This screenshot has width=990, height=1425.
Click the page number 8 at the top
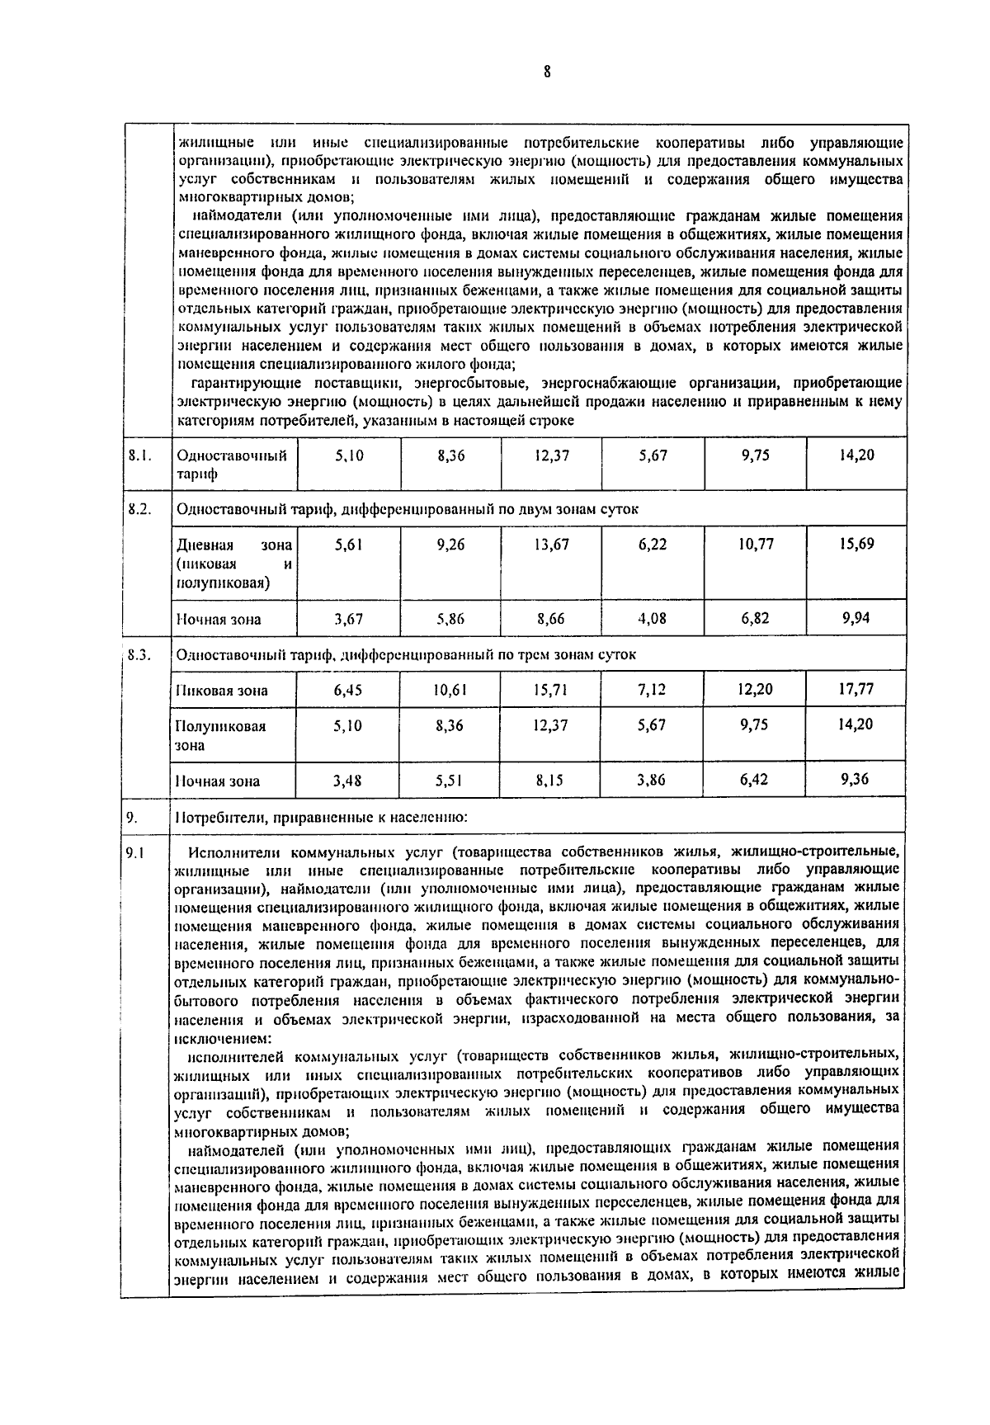(546, 72)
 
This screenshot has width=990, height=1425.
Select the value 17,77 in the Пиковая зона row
(856, 689)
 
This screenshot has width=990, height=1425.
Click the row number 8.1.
(140, 455)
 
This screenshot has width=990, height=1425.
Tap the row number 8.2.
(140, 509)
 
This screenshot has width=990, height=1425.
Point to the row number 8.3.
(140, 655)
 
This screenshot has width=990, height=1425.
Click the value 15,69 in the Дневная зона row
(856, 545)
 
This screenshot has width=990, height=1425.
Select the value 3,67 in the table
(349, 619)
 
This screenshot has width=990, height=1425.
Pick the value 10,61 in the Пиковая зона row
(450, 690)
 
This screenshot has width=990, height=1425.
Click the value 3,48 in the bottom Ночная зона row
(349, 781)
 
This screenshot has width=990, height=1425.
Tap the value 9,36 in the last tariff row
(856, 779)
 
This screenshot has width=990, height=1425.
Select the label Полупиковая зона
(220, 735)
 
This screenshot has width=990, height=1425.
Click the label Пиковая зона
(222, 691)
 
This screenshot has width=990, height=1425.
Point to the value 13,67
(551, 545)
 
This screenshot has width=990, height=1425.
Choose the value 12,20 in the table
(755, 689)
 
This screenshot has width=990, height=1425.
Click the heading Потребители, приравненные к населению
(323, 819)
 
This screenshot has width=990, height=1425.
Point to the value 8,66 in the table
(551, 619)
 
